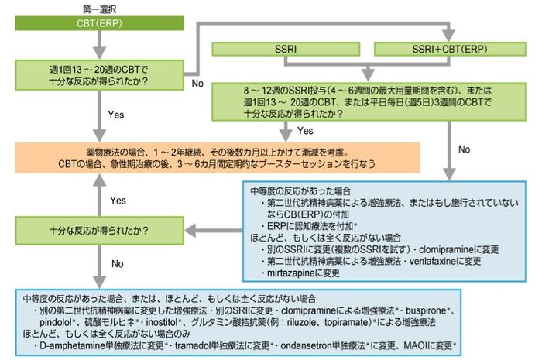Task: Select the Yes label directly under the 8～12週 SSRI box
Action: pyautogui.click(x=305, y=130)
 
